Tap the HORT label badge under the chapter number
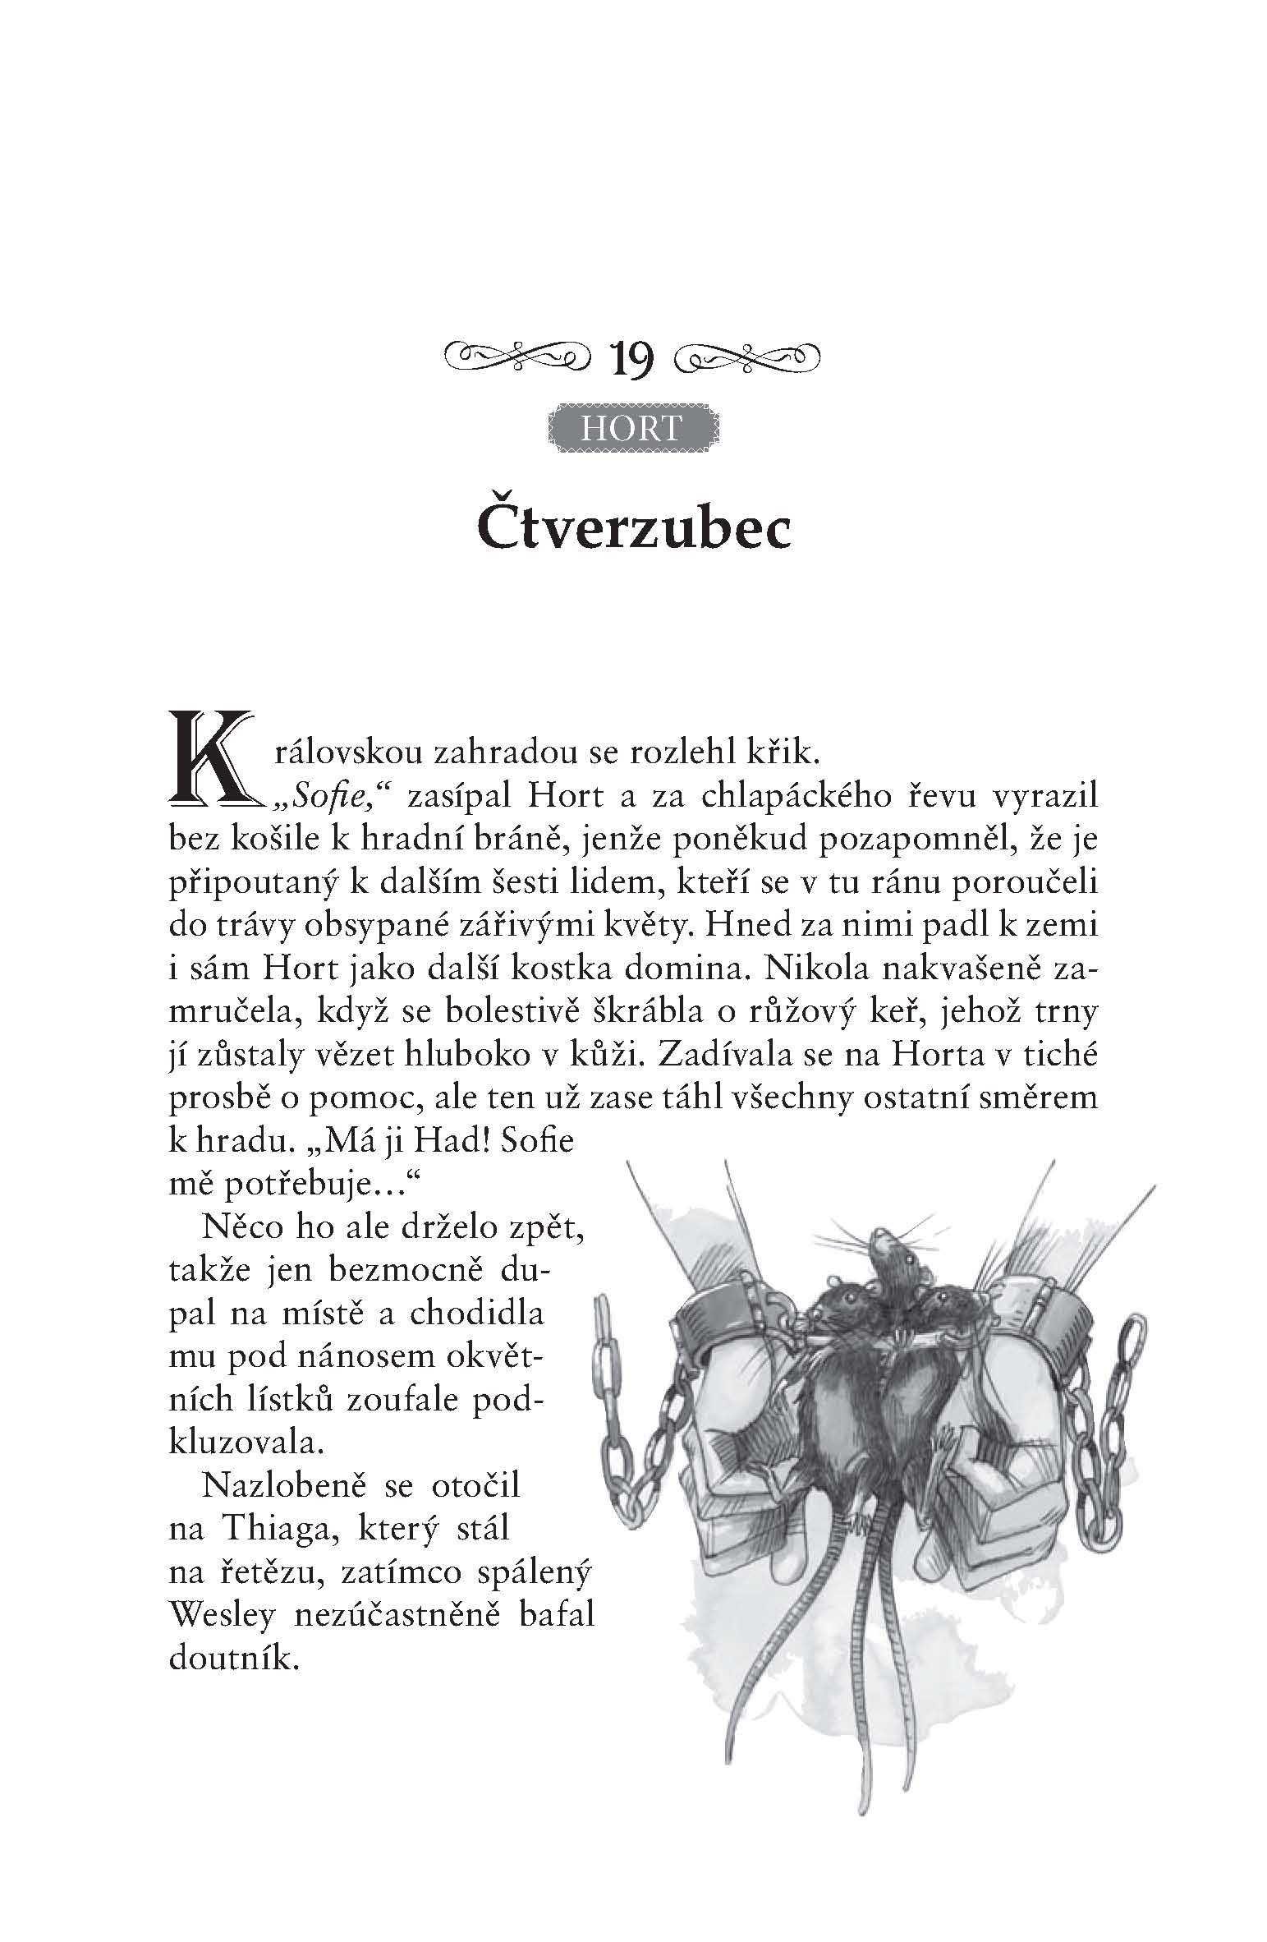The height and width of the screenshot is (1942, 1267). (x=631, y=428)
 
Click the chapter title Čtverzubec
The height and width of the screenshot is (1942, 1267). (x=633, y=530)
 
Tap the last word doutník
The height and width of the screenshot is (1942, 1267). (x=232, y=1657)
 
